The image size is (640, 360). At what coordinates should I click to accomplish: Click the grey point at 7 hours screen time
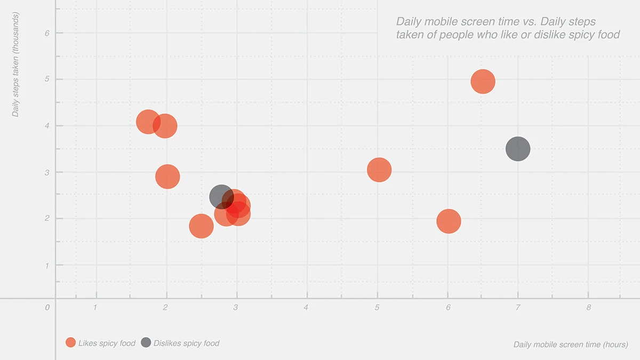pos(517,149)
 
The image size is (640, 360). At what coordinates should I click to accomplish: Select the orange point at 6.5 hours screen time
pos(483,82)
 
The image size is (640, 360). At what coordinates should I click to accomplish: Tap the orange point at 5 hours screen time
pos(379,170)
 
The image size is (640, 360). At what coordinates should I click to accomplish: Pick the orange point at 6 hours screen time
pos(449,221)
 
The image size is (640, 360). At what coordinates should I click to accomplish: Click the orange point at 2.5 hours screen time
pos(201,226)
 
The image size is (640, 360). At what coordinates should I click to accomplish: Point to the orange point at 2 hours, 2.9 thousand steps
pos(167,177)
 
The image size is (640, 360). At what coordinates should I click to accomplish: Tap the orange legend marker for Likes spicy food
pos(70,343)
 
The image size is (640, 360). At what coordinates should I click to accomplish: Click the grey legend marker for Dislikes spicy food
pos(146,343)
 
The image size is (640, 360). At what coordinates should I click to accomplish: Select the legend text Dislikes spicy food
pos(186,343)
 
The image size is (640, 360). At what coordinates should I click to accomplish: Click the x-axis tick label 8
pos(589,307)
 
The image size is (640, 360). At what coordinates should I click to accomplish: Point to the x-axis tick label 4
pos(306,307)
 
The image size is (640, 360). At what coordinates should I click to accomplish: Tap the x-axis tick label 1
pos(95,307)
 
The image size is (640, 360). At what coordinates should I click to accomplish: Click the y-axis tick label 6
pos(47,33)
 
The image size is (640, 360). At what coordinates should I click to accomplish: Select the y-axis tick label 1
pos(47,265)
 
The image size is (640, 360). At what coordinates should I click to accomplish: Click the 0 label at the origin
pos(47,308)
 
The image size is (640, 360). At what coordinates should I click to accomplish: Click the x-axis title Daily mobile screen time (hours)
pos(571,345)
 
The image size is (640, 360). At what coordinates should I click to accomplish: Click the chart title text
pos(507,28)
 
